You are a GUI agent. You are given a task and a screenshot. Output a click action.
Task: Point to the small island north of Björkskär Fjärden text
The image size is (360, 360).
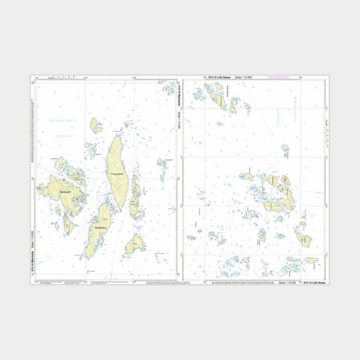coord(95,125)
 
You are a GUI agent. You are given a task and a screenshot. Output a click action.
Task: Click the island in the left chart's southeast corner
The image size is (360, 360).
coord(135,241)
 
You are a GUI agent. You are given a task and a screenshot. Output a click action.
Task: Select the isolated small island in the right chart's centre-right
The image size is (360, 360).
coord(285,150)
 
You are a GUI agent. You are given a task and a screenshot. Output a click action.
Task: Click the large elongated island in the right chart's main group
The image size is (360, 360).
coord(277,193)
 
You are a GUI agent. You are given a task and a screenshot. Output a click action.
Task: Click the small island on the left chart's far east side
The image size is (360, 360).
coord(164,166)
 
